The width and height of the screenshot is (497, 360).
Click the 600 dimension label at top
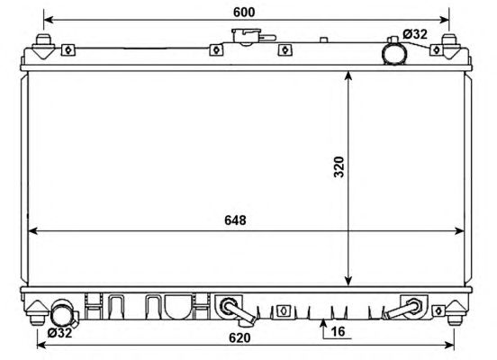[x=244, y=12]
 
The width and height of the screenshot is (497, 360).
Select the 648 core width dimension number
[x=235, y=220]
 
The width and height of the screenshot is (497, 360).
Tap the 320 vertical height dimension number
[x=339, y=167]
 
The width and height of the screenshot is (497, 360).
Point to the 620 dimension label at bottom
[x=239, y=337]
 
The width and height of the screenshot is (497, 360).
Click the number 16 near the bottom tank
[x=338, y=331]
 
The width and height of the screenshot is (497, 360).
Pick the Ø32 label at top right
[x=415, y=34]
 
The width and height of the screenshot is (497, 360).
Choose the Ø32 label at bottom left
[x=60, y=333]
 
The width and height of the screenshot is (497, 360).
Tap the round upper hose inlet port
[x=394, y=52]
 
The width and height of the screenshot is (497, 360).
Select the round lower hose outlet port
[x=62, y=313]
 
